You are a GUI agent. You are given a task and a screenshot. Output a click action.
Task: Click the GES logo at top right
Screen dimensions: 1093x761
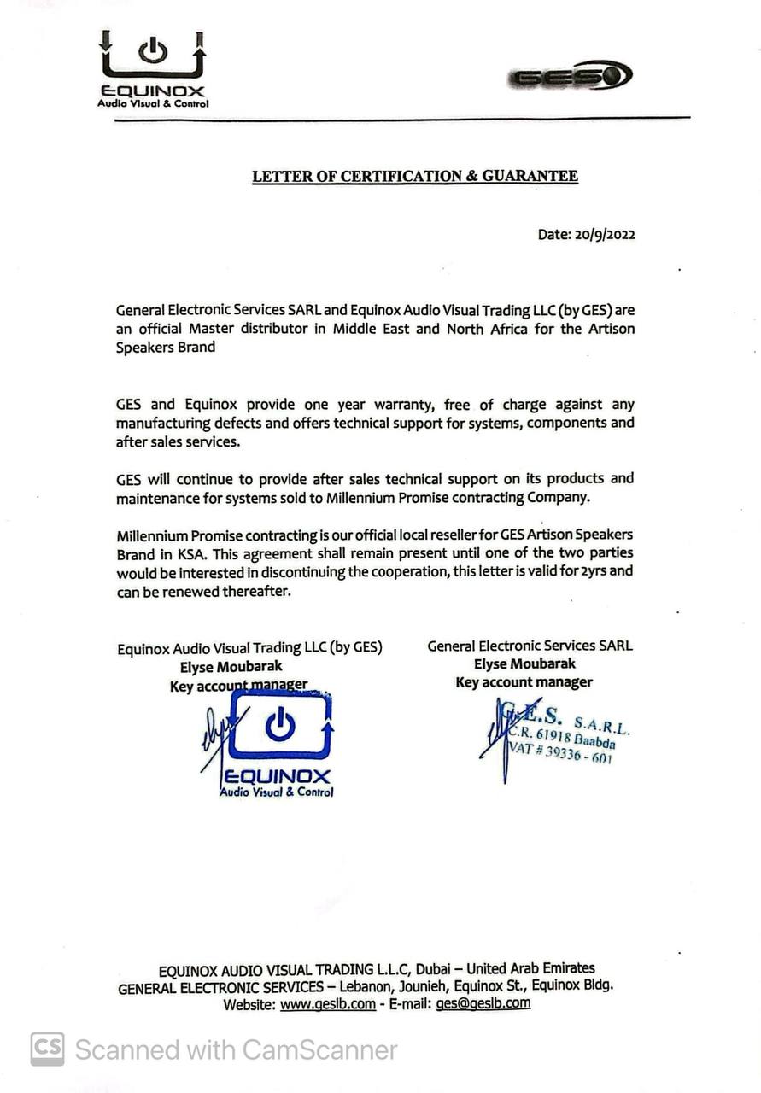570,76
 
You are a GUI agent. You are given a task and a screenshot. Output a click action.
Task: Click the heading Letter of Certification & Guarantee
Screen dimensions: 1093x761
414,177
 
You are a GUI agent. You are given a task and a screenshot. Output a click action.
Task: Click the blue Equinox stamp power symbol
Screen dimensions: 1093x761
279,725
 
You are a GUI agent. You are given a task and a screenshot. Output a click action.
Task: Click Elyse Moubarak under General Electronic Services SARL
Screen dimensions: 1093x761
524,664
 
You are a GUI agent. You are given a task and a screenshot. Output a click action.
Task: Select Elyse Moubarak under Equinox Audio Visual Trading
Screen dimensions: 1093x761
231,667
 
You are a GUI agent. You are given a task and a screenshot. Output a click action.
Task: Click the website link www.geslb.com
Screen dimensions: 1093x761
327,1004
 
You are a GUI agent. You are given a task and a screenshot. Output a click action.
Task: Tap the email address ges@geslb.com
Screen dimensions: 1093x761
483,1004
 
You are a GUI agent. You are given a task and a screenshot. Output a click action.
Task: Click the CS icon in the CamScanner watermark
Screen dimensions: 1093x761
48,1049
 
